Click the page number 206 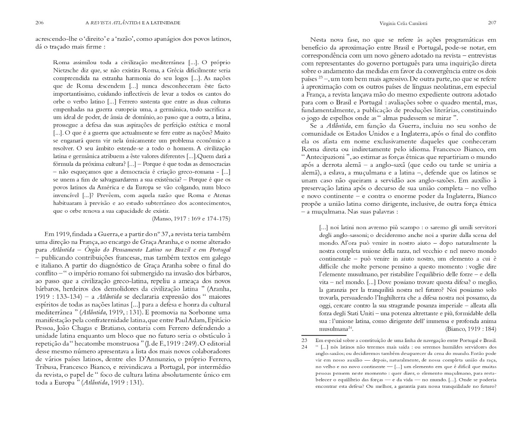[40, 23]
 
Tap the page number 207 [492, 23]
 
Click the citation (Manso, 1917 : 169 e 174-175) [191, 219]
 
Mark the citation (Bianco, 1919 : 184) [470, 329]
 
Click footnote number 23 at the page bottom [304, 340]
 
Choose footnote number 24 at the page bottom [304, 347]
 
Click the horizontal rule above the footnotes [319, 336]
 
